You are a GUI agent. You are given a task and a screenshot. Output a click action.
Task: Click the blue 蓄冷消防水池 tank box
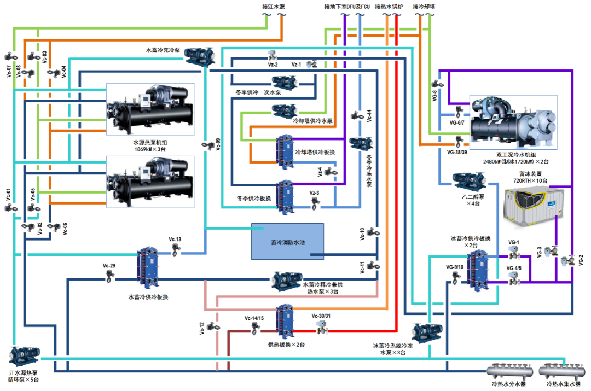[x=287, y=241]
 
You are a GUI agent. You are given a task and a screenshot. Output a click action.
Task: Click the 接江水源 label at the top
[x=274, y=7]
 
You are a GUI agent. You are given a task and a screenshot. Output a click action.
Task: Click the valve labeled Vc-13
[x=175, y=250]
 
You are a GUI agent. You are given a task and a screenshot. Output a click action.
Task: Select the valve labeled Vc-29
[x=109, y=277]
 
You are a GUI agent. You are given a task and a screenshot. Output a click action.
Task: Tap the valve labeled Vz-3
[x=315, y=204]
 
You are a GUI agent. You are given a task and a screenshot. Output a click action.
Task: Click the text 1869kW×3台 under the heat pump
[x=149, y=149]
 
